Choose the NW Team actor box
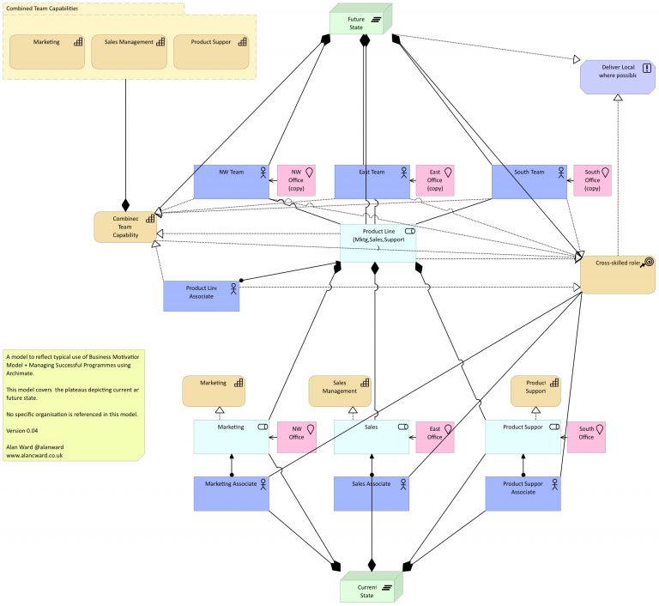click(231, 180)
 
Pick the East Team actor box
click(372, 180)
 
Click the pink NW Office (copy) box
click(296, 180)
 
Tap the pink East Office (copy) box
click(434, 180)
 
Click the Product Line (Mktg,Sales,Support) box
click(378, 243)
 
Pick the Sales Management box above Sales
click(340, 391)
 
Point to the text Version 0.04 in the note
click(25, 431)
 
